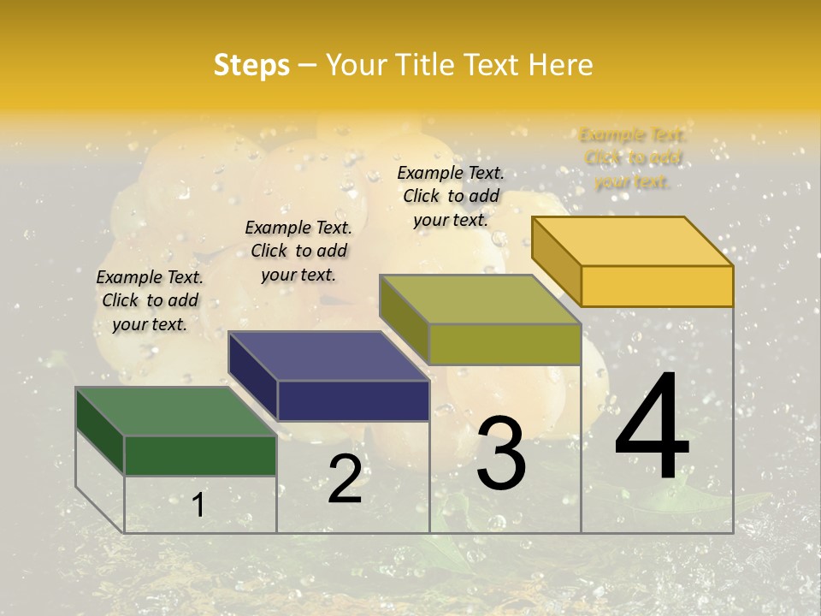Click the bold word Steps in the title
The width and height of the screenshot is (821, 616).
(x=251, y=65)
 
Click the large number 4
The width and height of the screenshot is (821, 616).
(x=652, y=428)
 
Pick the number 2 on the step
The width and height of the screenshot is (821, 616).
(x=345, y=479)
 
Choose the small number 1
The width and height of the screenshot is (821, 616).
(x=198, y=506)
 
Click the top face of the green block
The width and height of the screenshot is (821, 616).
(x=175, y=411)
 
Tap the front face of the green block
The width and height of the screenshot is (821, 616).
(x=200, y=455)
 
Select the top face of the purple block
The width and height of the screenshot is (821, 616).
(x=328, y=355)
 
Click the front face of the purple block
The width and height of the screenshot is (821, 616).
(x=353, y=400)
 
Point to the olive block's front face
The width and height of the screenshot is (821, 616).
(x=505, y=344)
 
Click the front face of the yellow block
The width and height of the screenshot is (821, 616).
(x=657, y=286)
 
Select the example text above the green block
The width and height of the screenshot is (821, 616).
(x=150, y=300)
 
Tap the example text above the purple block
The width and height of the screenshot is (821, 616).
(x=298, y=251)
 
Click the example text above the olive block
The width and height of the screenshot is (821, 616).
(x=451, y=196)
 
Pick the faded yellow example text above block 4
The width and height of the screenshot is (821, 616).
(x=633, y=157)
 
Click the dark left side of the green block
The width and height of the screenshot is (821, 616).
(x=100, y=432)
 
